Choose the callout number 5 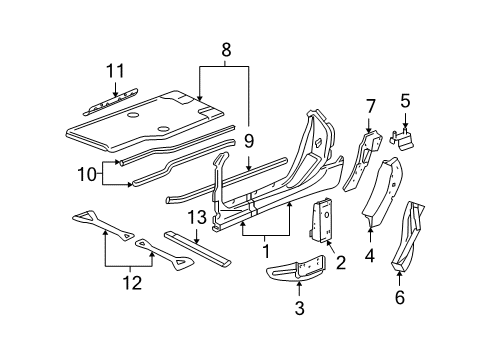point(405,100)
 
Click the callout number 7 point(369,105)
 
